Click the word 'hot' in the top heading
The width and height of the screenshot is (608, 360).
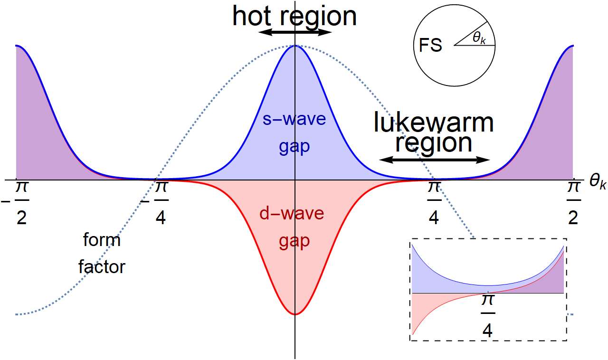click(252, 16)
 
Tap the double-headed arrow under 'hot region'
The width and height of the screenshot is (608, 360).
click(295, 32)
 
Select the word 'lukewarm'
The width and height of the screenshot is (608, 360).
click(434, 123)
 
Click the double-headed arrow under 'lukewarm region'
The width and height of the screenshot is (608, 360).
click(434, 160)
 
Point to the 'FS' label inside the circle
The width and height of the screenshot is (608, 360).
click(430, 45)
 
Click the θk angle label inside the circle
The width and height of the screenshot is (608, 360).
click(479, 38)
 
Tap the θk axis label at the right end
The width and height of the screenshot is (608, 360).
click(598, 181)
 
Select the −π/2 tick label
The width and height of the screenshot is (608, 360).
click(16, 202)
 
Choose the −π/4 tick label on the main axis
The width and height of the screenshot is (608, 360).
click(154, 202)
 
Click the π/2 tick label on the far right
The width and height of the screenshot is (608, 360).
click(573, 202)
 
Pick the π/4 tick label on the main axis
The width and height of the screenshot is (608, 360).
click(434, 202)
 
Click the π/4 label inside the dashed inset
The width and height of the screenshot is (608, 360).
click(488, 316)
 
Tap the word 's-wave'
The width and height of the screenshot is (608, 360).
click(294, 119)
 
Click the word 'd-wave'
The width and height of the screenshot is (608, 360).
click(292, 213)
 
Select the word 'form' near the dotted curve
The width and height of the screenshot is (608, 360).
click(102, 240)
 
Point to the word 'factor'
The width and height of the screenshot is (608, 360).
click(102, 266)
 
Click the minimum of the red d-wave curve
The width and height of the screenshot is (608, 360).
click(295, 314)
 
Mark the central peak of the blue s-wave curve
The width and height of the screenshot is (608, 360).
click(295, 46)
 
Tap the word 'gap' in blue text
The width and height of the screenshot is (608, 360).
click(294, 147)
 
